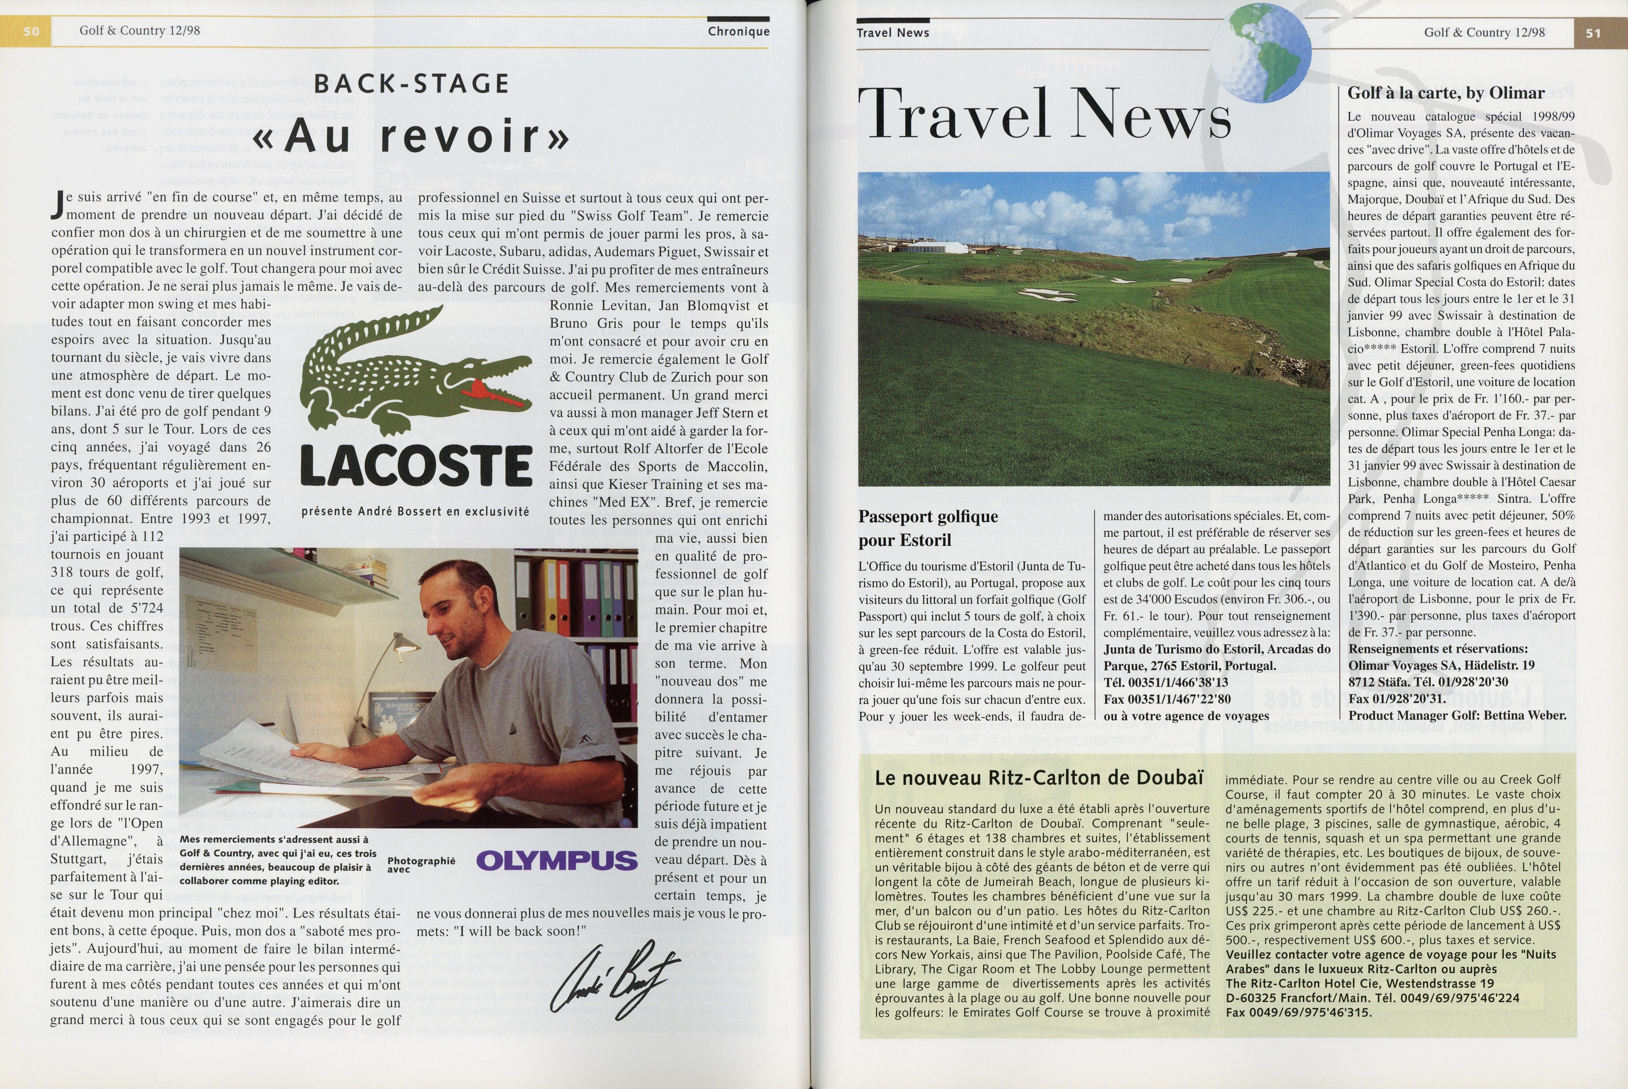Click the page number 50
coord(31,31)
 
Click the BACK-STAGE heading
coord(412,84)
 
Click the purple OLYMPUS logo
coord(556,860)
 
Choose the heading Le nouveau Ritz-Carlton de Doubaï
coord(1038,778)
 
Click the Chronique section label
coord(738,31)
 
